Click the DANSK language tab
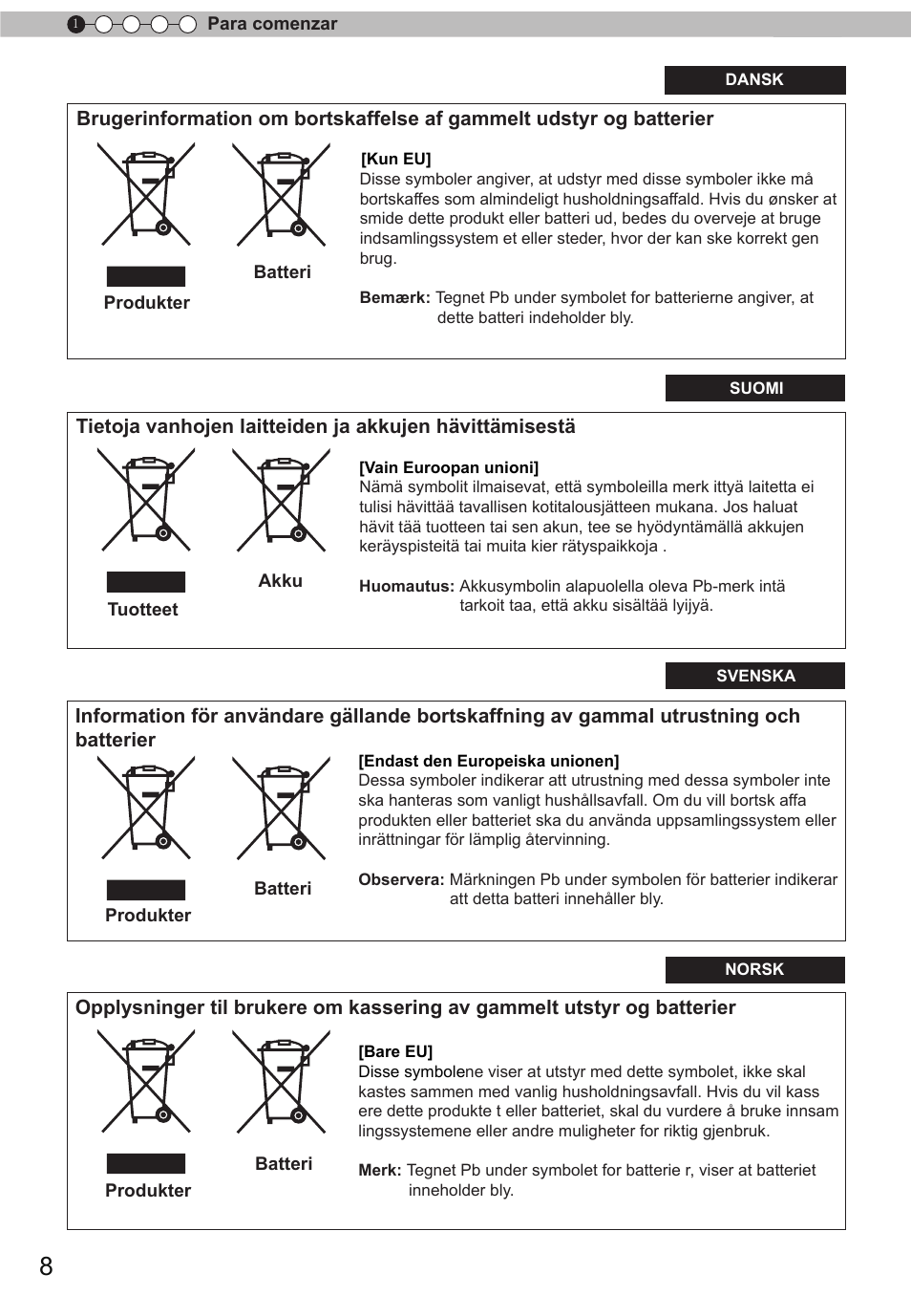coord(754,80)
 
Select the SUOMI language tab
coord(755,388)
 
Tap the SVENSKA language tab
coord(755,676)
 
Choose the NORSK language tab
coord(754,969)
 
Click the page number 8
coord(46,1266)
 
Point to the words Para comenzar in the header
coord(272,24)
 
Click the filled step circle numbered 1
coord(76,24)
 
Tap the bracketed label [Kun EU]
coord(395,159)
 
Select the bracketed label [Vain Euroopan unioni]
coord(449,467)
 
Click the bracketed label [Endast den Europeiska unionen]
coord(488,761)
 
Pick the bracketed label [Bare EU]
coord(395,1051)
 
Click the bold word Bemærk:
coord(394,297)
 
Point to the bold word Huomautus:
coord(406,586)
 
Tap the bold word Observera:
coord(401,879)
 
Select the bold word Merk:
coord(379,1170)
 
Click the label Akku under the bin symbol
coord(280,580)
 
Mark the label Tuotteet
coord(142,609)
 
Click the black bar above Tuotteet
coord(146,582)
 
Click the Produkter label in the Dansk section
coord(146,302)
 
